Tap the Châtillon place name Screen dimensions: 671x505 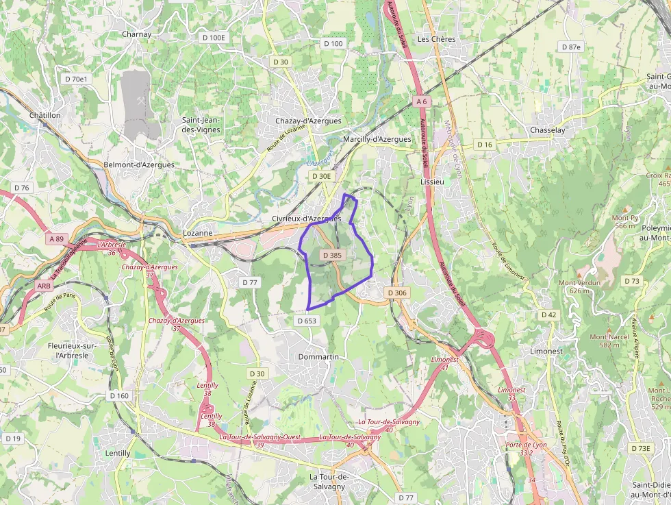coord(45,115)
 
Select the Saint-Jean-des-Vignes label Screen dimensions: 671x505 coord(200,125)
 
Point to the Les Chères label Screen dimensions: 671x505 coord(436,39)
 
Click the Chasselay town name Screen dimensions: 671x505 coord(547,130)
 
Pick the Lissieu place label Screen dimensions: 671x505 coord(433,182)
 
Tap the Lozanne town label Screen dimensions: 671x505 coord(199,233)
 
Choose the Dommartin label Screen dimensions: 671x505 coord(319,357)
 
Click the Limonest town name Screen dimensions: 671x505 coord(546,351)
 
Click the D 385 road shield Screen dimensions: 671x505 coord(331,255)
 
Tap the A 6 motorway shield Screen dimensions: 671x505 coord(421,101)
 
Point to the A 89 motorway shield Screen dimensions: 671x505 coord(56,239)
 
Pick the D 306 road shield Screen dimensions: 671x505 coord(397,293)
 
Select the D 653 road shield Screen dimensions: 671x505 coord(307,320)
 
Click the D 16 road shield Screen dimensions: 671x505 coord(485,145)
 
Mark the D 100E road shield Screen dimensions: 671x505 coord(214,37)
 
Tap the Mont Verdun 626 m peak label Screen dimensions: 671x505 coord(579,286)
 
